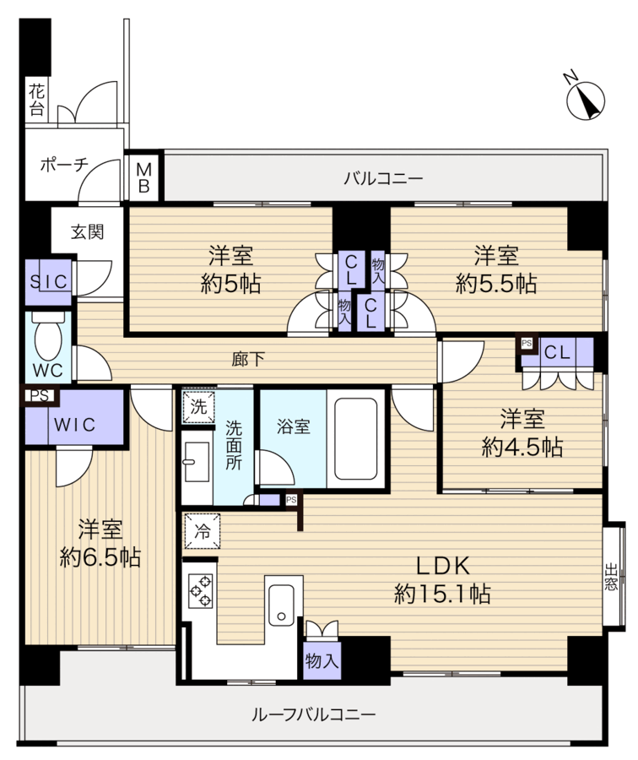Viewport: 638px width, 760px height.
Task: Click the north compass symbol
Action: tap(585, 100)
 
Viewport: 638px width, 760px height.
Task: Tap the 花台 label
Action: tap(37, 100)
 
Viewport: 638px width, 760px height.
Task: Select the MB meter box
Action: tap(143, 178)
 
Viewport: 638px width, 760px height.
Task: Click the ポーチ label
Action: tap(64, 165)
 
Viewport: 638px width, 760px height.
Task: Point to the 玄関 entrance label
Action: tap(88, 231)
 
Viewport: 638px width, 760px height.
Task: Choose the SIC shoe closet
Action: tap(48, 281)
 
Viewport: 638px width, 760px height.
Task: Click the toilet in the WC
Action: tap(48, 335)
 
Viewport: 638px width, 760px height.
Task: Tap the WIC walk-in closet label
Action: tap(74, 425)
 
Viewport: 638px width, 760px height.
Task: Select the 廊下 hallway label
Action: tap(248, 359)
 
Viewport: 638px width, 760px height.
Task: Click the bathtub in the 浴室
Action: tap(355, 438)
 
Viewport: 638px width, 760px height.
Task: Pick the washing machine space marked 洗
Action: tap(198, 407)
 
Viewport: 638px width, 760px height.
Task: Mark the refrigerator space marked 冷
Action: tap(202, 531)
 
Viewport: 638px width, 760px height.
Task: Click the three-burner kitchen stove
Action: tap(201, 590)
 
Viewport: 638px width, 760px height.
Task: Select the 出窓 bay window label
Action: tap(611, 576)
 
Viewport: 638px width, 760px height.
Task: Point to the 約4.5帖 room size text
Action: tap(522, 447)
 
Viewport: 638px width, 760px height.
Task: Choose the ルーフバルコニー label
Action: tap(314, 714)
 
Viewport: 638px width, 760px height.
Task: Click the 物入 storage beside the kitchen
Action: tap(322, 660)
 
